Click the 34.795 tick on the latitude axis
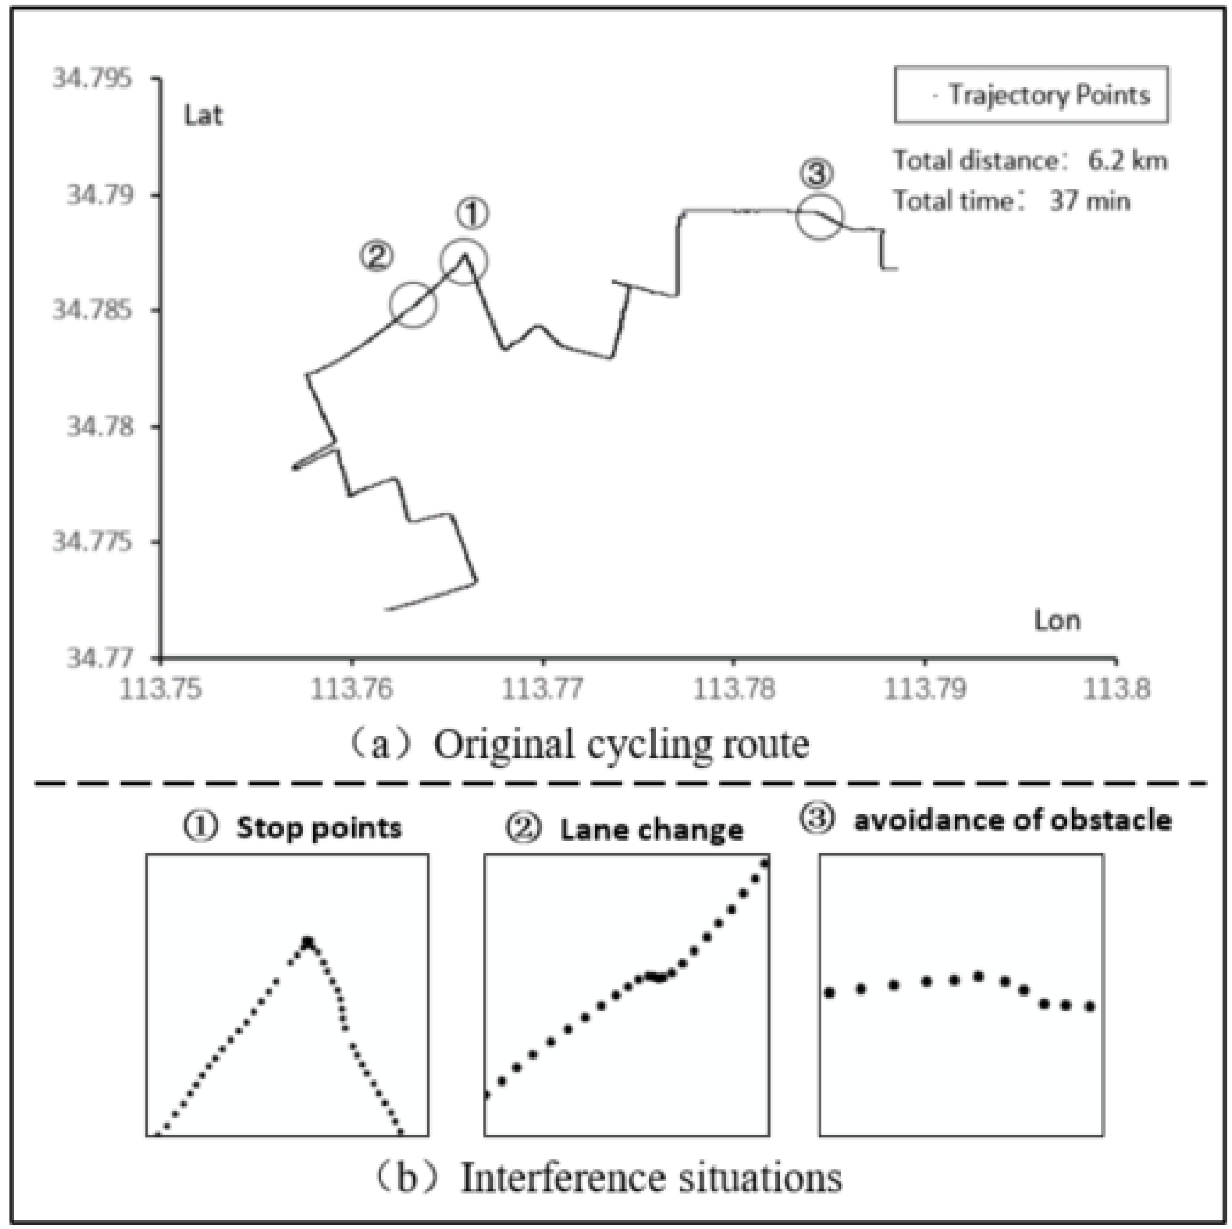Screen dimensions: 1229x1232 (x=92, y=79)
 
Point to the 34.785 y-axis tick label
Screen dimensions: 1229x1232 (x=92, y=311)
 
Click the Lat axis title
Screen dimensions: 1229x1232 (x=203, y=116)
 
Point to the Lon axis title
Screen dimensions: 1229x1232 (x=1057, y=620)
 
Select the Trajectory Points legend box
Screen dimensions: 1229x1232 (x=1031, y=95)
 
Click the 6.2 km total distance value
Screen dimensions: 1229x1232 (x=1127, y=161)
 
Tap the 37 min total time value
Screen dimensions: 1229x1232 (x=1090, y=201)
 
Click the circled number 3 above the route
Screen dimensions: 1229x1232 (x=817, y=173)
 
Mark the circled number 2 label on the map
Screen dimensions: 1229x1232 (x=376, y=256)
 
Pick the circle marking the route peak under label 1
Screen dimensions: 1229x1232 (x=464, y=262)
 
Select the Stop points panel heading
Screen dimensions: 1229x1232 (x=319, y=828)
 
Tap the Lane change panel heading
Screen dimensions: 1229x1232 (x=651, y=830)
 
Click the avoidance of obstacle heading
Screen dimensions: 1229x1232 (x=1012, y=820)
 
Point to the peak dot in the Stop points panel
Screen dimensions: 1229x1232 (x=308, y=942)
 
